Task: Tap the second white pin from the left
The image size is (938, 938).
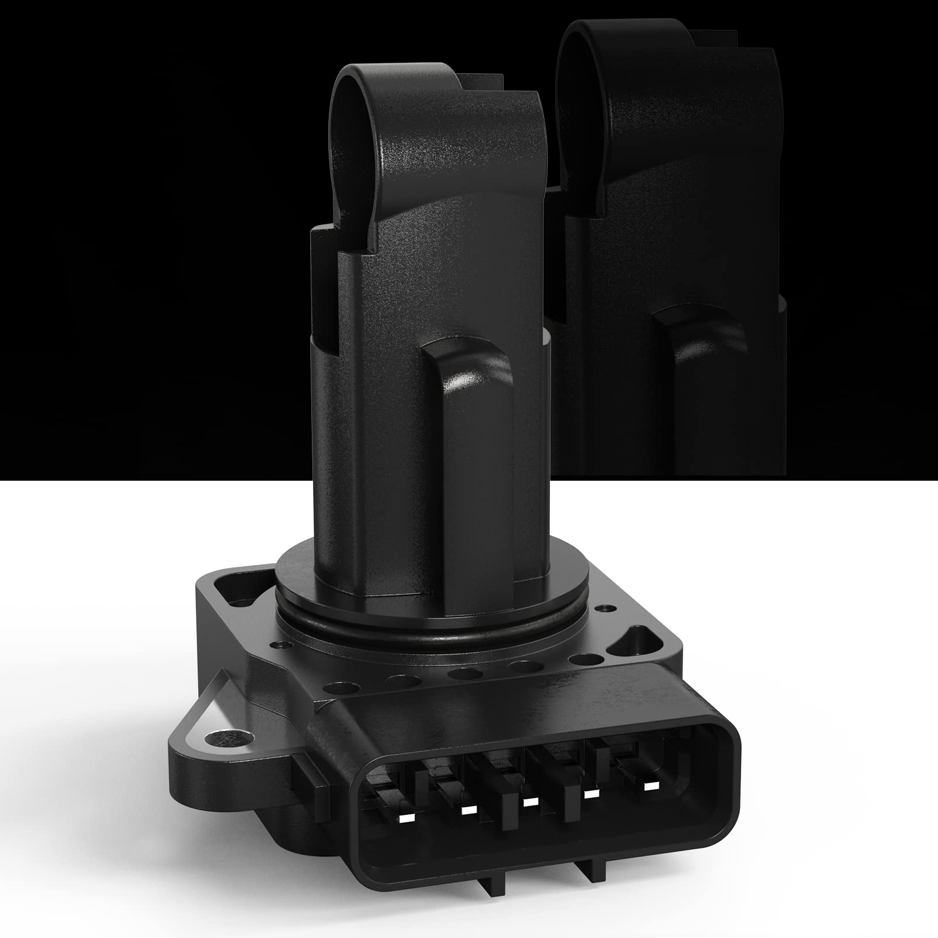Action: click(467, 810)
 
